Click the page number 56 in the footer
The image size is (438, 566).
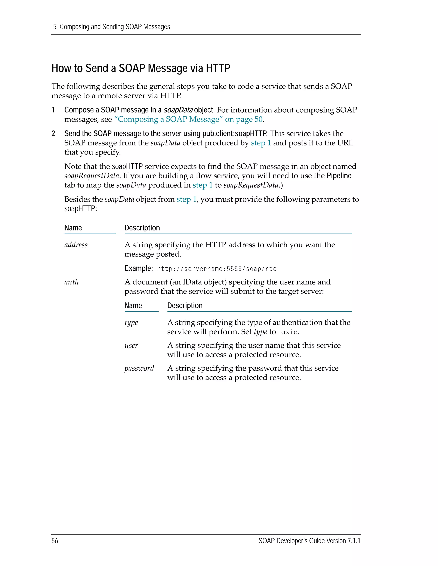pos(55,541)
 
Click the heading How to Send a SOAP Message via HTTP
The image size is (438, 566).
pos(141,68)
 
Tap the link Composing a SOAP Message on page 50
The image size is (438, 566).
pos(188,119)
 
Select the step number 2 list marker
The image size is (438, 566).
pos(53,134)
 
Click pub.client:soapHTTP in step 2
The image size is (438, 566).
pos(234,134)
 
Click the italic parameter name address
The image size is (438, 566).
pos(76,245)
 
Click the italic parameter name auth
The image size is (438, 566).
pos(71,282)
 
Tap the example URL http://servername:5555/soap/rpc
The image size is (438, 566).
pos(217,269)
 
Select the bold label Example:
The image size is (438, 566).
pos(138,268)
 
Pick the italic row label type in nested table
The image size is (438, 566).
pos(131,323)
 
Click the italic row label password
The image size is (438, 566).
pos(139,368)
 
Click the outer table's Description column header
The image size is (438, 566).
pos(142,228)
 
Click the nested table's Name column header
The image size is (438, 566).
pos(133,306)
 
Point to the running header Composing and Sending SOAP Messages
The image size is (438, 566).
pos(115,27)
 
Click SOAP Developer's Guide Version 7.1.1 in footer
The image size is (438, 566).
pos(309,541)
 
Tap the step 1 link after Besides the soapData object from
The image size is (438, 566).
pos(186,199)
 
